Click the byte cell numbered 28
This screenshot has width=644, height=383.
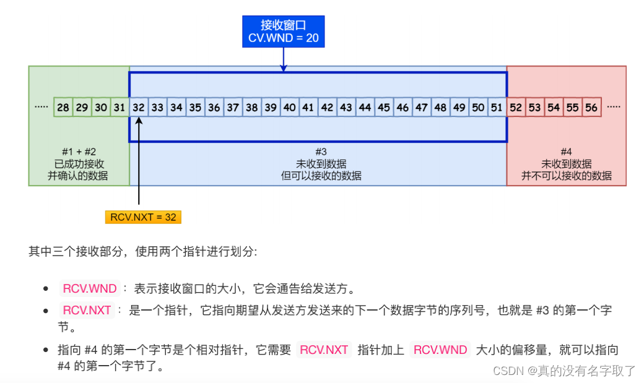(63, 108)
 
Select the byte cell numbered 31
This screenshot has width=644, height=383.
(120, 108)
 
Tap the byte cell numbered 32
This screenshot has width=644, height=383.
(139, 108)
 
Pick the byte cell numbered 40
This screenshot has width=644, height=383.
(289, 108)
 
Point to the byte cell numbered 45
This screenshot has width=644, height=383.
(384, 108)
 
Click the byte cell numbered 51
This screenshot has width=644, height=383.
(497, 108)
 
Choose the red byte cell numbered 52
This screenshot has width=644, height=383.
(516, 108)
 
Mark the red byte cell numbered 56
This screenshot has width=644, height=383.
(591, 108)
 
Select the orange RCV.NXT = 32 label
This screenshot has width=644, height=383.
(144, 217)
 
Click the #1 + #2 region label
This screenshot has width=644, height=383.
(78, 152)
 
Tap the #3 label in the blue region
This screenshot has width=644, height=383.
(321, 152)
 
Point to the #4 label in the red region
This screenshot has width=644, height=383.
(566, 152)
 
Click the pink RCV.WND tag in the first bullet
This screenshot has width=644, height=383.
(90, 288)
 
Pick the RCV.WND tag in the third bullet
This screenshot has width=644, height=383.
(440, 350)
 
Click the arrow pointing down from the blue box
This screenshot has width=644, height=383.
(283, 59)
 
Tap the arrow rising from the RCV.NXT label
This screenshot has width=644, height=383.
(139, 161)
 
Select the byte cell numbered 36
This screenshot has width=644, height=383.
(214, 108)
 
